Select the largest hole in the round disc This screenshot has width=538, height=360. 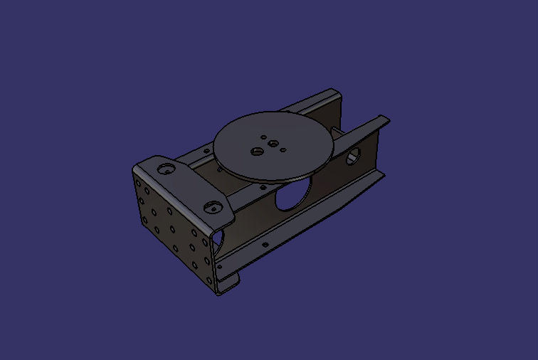coord(255,151)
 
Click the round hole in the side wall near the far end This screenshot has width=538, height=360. coord(352,158)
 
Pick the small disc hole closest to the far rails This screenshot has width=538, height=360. coord(264,137)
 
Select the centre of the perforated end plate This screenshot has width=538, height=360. coord(173,229)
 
